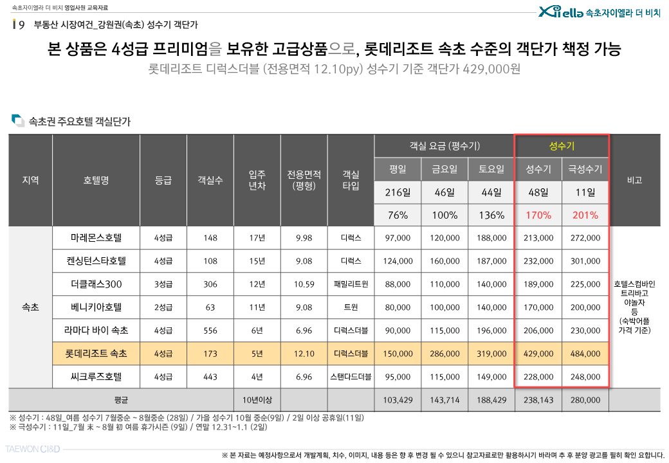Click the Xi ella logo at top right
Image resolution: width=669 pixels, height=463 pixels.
coord(560,12)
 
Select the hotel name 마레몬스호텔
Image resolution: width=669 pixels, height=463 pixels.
coord(96,238)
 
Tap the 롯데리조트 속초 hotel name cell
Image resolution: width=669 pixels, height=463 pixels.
coord(96,354)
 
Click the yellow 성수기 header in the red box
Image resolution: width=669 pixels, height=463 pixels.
coord(562,146)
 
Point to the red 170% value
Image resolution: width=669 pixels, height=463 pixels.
coord(538,215)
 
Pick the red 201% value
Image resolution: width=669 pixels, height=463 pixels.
coord(585,215)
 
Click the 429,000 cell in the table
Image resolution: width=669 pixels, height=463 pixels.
coord(538,354)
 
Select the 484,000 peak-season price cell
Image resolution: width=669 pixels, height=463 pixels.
coord(585,354)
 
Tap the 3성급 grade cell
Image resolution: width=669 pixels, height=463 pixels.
coord(163,284)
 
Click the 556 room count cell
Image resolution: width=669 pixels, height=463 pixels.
coord(210,331)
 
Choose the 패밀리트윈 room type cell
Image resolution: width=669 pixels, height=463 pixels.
coord(351,284)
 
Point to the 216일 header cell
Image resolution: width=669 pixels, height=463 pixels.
coord(398,192)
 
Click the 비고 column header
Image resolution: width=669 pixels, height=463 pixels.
coord(634,180)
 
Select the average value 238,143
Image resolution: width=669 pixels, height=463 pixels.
coord(538,400)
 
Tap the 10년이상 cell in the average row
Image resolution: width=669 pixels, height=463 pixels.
coord(257,400)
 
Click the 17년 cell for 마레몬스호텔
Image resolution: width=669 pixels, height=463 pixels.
coord(257,238)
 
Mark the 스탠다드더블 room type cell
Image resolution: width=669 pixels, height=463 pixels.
coord(351,377)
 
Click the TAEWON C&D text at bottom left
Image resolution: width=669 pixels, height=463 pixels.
coord(32,449)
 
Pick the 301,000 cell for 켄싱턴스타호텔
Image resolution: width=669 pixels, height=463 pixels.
coord(585,261)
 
